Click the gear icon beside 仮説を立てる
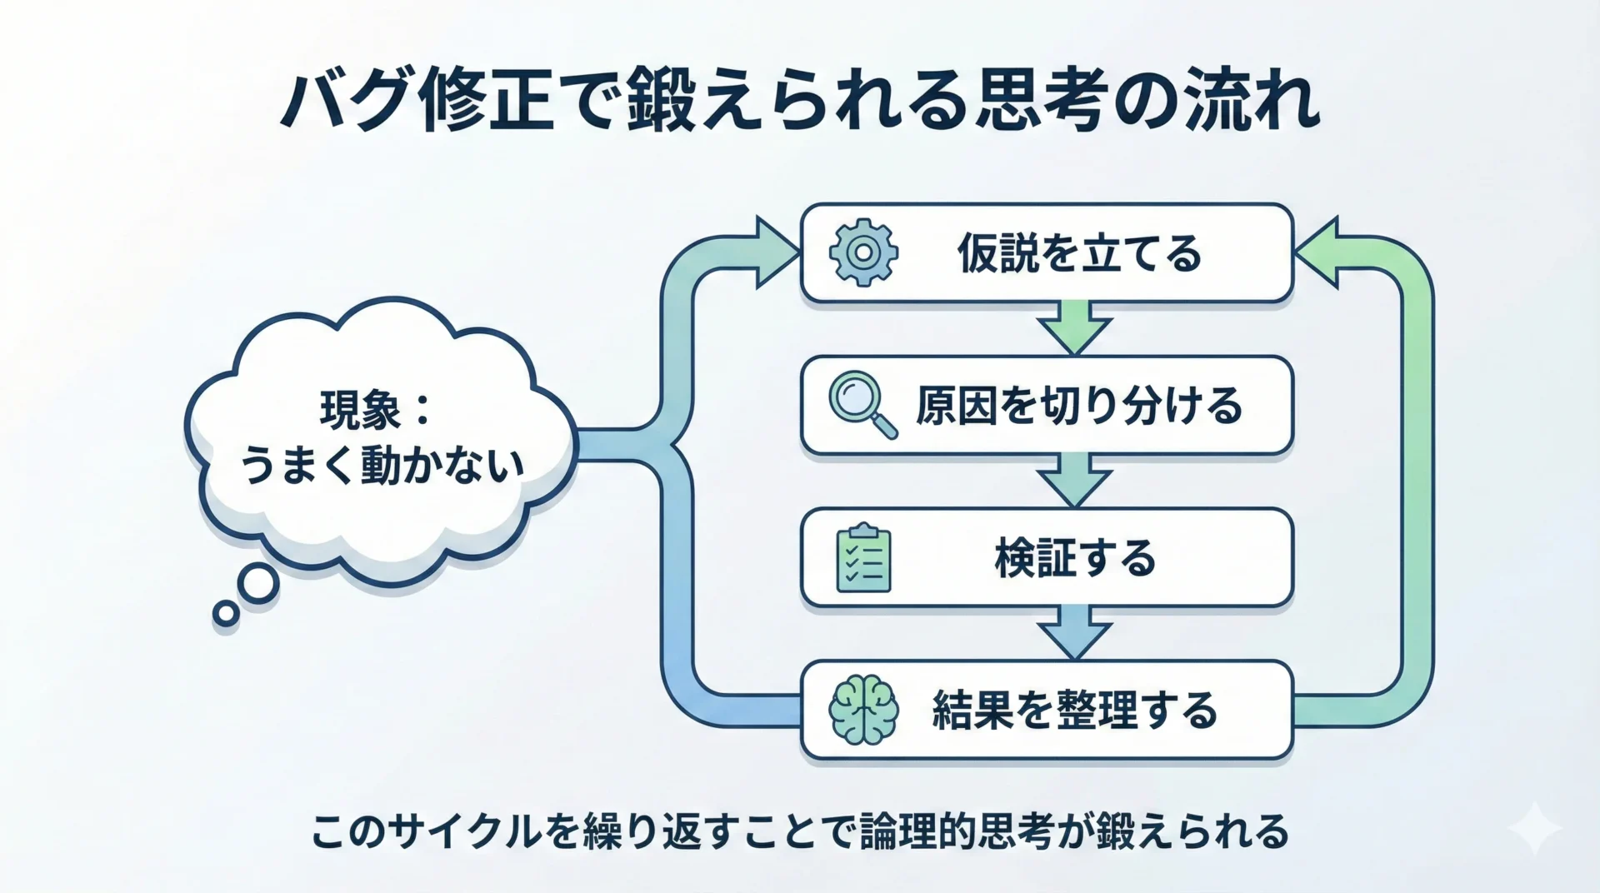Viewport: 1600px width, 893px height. click(863, 252)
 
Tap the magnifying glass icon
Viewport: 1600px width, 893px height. click(862, 405)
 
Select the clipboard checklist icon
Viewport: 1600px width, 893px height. click(863, 558)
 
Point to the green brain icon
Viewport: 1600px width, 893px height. click(863, 710)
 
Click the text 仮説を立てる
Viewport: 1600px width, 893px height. click(1079, 253)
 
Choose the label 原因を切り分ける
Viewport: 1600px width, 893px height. click(1079, 406)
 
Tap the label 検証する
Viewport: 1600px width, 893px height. click(1075, 558)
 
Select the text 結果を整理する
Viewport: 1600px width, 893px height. click(1075, 711)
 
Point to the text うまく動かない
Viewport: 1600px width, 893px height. click(382, 465)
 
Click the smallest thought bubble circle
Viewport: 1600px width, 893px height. click(226, 614)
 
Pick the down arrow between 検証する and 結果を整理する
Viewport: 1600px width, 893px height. click(1075, 634)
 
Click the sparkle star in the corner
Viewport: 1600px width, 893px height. click(1535, 828)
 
